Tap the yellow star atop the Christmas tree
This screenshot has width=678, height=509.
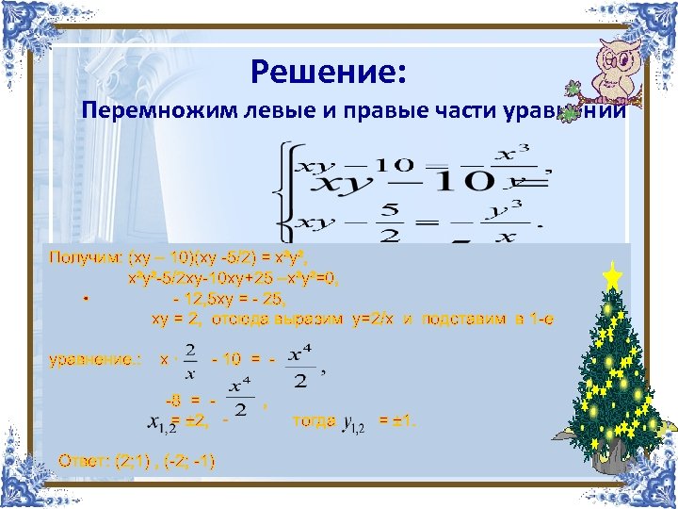(612, 277)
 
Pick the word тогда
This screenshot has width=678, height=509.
(314, 420)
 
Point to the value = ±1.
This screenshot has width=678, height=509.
(395, 420)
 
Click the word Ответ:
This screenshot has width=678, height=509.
(83, 462)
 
